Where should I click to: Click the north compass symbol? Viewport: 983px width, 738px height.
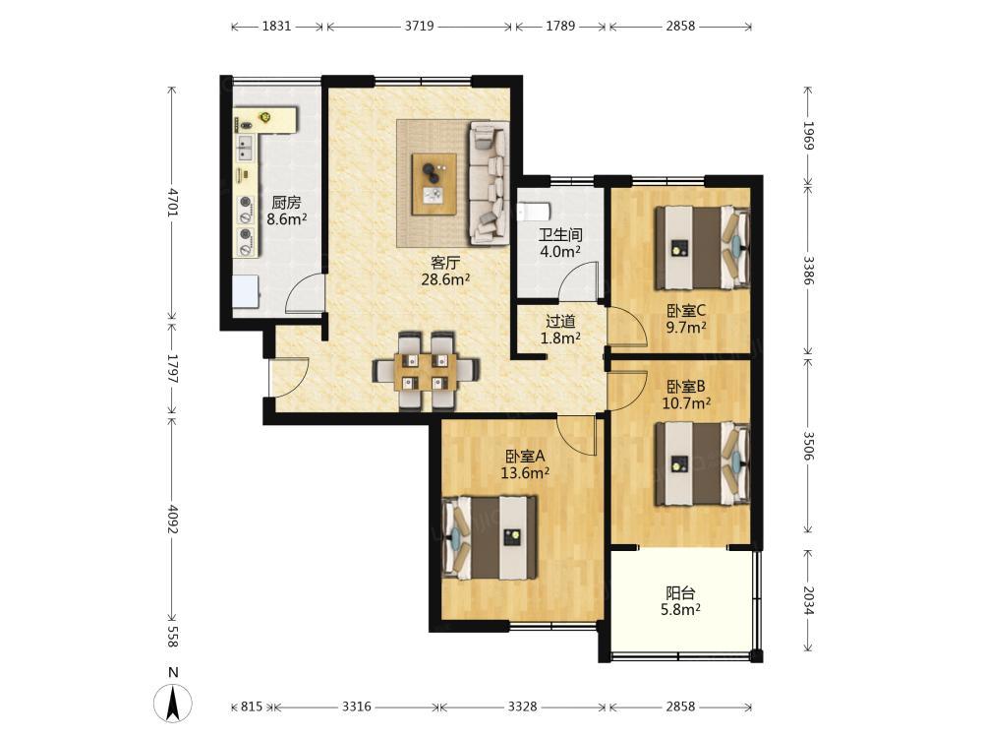173,697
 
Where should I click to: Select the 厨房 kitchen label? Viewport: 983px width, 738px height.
286,203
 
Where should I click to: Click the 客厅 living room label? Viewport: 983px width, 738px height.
445,263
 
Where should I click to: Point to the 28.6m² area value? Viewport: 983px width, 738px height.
445,279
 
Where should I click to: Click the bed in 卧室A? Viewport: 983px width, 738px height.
490,538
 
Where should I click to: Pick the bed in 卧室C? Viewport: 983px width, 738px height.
703,248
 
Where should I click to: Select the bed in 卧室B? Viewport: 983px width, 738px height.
703,463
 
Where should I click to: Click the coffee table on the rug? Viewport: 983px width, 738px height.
434,184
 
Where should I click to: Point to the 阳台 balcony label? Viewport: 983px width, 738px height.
680,593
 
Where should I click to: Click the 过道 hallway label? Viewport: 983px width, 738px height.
560,322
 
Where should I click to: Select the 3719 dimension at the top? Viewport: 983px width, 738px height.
419,26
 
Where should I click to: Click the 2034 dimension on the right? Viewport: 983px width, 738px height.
808,601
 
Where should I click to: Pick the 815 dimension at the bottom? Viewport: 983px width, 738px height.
252,707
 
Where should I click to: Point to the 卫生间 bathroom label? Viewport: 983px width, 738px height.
560,235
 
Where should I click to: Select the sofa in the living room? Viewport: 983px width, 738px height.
488,183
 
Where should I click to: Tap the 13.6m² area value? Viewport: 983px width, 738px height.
525,473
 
